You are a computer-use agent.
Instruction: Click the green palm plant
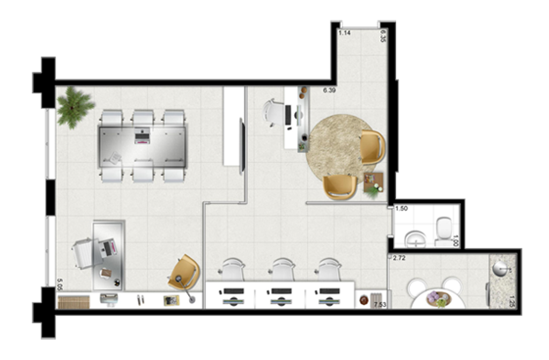(x=74, y=107)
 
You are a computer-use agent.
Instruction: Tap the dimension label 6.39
(x=329, y=91)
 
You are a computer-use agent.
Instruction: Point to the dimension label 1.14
(x=345, y=33)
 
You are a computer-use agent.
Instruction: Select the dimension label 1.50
(x=401, y=209)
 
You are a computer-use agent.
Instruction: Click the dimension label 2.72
(x=399, y=258)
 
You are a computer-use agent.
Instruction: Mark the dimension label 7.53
(x=380, y=305)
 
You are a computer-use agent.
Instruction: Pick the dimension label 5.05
(x=60, y=285)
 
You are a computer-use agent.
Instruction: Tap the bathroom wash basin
(x=416, y=239)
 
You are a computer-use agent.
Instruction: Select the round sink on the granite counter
(x=500, y=269)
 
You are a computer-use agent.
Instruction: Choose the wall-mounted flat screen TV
(x=242, y=146)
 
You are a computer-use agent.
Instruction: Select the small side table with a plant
(x=374, y=183)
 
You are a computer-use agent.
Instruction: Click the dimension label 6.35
(x=383, y=36)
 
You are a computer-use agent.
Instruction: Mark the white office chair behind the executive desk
(x=85, y=253)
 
